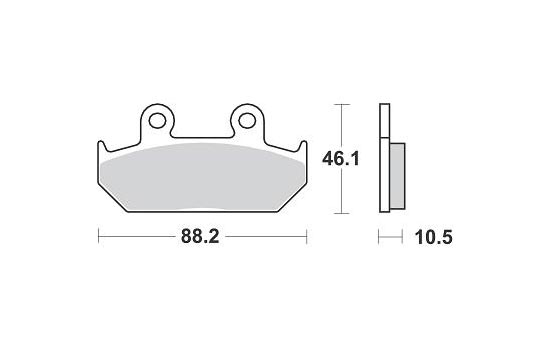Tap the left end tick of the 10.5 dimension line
pos(378,238)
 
